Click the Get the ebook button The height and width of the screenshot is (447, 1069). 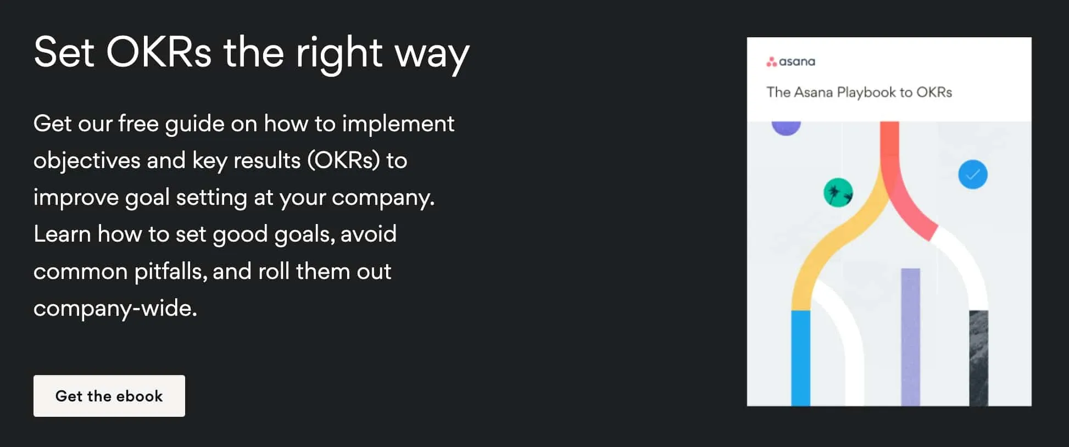click(x=109, y=396)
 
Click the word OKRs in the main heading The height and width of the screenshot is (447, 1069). click(x=159, y=53)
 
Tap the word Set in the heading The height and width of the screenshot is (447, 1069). click(x=64, y=53)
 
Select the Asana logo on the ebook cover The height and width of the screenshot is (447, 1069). click(x=790, y=62)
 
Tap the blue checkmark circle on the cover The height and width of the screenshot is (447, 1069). click(x=972, y=175)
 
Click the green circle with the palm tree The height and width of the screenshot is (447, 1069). click(x=838, y=193)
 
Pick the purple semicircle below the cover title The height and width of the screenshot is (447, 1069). click(x=786, y=127)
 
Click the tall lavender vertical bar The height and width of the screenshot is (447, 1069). click(x=910, y=336)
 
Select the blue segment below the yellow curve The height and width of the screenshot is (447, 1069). click(x=800, y=357)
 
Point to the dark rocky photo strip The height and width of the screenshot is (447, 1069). click(x=978, y=357)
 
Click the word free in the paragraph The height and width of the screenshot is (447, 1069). click(x=138, y=124)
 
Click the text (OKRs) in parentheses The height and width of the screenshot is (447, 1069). click(x=343, y=161)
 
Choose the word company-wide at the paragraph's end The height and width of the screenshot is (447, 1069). click(x=115, y=309)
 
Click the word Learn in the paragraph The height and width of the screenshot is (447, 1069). click(x=62, y=234)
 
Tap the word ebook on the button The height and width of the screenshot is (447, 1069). click(x=139, y=396)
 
